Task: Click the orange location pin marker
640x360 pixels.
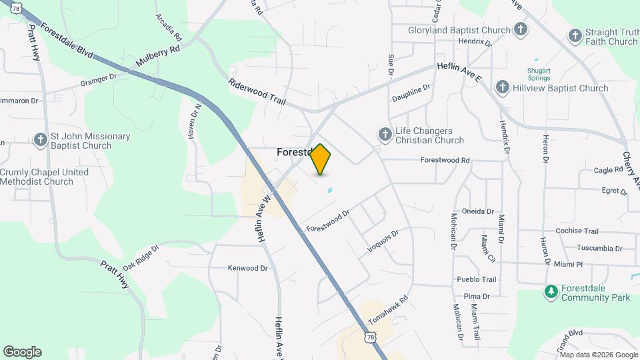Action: click(x=321, y=159)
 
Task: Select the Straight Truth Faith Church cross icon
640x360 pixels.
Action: click(x=575, y=35)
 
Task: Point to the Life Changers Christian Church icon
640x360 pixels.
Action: click(x=385, y=135)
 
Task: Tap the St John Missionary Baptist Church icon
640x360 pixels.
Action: click(x=40, y=140)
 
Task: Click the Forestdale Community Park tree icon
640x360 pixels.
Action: click(x=551, y=291)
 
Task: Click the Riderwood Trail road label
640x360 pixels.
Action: click(x=257, y=91)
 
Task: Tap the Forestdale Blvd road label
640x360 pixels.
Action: click(x=67, y=41)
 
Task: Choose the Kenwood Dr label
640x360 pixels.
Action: click(x=247, y=268)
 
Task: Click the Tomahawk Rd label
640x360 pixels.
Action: click(x=387, y=311)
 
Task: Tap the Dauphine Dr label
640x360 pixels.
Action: click(x=411, y=91)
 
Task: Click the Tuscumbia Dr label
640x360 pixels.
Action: click(x=599, y=248)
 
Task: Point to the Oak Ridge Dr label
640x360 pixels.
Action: click(x=141, y=257)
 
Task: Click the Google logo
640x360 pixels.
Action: click(x=22, y=351)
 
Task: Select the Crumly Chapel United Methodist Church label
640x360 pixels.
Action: click(x=44, y=177)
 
